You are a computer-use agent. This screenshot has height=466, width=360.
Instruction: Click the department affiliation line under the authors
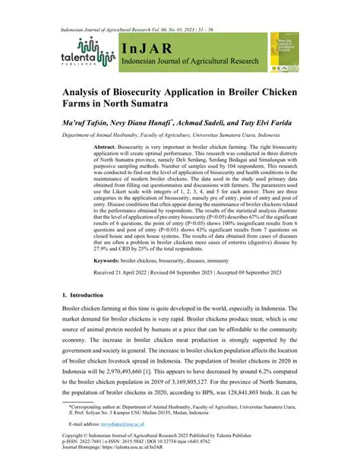click(182, 135)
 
